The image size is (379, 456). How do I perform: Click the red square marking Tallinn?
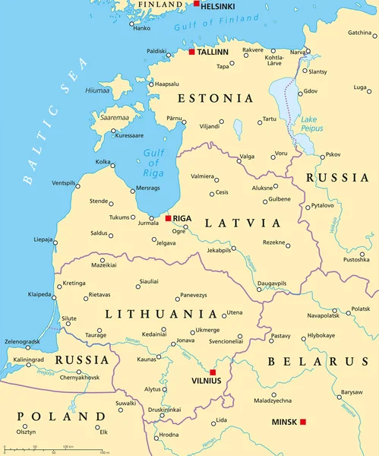191,52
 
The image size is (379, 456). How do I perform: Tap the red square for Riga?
168,219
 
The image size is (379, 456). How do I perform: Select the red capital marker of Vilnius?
213,372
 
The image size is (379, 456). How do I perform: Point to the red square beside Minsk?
302,422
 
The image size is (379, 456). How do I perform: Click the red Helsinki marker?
197,5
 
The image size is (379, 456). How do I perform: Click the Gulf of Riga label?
153,162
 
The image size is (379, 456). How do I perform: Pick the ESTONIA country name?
215,99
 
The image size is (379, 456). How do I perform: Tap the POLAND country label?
62,416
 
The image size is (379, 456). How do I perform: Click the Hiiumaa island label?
97,90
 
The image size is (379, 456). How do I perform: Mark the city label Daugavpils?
272,283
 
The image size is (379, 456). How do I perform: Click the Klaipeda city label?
40,293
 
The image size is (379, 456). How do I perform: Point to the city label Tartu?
270,119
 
